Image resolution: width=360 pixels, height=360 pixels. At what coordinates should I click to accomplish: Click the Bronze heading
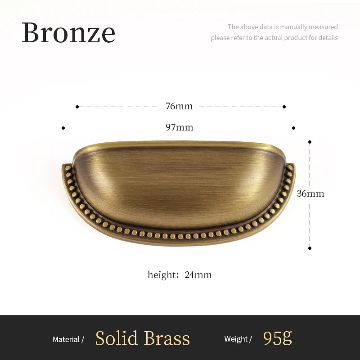click(68, 32)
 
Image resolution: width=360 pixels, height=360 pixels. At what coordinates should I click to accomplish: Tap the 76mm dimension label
click(179, 106)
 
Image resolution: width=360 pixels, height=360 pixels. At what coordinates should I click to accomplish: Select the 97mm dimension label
click(179, 127)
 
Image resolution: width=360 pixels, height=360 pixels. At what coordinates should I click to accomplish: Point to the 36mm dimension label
click(310, 193)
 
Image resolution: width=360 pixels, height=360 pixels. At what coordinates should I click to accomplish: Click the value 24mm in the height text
click(198, 274)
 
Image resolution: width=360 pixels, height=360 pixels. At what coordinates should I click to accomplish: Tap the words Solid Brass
click(143, 338)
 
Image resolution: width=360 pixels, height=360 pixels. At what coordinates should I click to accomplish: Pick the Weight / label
click(238, 339)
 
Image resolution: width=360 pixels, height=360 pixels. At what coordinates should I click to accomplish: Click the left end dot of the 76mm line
click(77, 107)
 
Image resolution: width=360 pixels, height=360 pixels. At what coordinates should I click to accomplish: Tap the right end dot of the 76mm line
click(284, 107)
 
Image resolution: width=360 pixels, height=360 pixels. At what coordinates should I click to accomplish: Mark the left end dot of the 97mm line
click(63, 128)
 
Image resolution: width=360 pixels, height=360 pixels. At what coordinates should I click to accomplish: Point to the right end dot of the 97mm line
click(294, 128)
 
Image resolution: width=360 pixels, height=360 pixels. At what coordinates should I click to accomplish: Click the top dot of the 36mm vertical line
click(310, 142)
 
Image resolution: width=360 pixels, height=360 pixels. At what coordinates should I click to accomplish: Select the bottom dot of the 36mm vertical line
click(310, 247)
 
